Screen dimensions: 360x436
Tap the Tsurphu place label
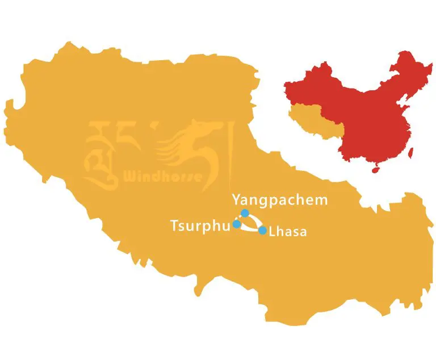click(199, 225)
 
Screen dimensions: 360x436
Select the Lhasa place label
click(288, 232)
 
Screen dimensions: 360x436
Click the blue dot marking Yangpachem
click(245, 213)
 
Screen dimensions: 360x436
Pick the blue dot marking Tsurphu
click(237, 224)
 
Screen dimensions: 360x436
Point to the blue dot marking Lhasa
click(262, 230)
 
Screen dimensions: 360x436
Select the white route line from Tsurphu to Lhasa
click(250, 229)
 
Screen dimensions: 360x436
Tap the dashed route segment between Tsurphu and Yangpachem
click(240, 219)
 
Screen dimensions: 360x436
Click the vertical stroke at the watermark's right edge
click(230, 150)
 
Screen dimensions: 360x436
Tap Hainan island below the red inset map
click(374, 169)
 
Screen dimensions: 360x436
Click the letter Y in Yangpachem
click(237, 200)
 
